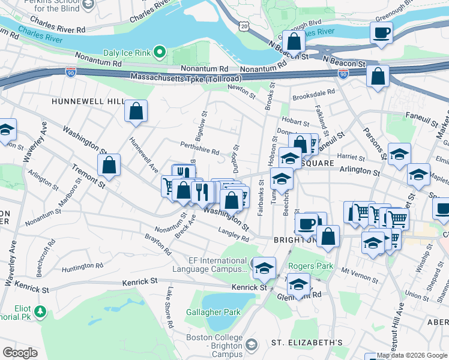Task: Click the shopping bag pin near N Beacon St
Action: [x=294, y=42]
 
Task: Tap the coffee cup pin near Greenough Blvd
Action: [x=382, y=32]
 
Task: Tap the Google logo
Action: [x=20, y=353]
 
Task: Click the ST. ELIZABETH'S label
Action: [x=307, y=343]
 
